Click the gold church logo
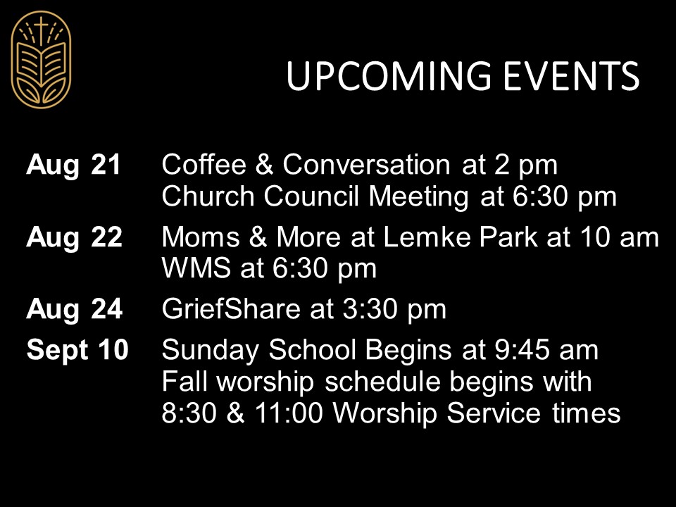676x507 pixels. pos(41,59)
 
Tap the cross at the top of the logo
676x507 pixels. pos(41,30)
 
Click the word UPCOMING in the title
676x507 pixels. pos(389,76)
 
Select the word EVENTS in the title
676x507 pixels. pos(571,76)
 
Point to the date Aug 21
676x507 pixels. pos(73,165)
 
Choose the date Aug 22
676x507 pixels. pos(74,237)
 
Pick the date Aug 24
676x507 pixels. pos(74,309)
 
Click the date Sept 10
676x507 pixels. pos(77,349)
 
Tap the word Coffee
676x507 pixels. pos(204,164)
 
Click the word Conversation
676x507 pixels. pos(366,165)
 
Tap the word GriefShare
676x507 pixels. pos(231,308)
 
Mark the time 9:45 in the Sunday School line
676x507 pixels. pos(522,349)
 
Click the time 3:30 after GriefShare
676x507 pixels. pos(370,309)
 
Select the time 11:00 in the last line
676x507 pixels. pos(289,413)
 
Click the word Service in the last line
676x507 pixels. pos(494,413)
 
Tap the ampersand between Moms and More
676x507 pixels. pos(258,237)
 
